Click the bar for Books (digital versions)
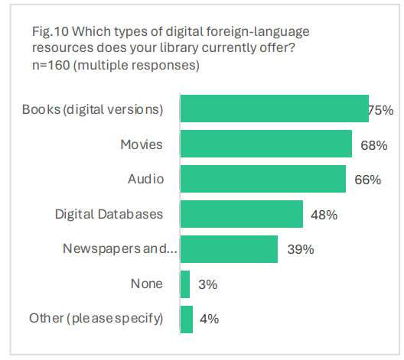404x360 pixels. [274, 109]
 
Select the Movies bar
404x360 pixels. [266, 144]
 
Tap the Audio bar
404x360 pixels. [262, 179]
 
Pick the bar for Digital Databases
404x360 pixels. [241, 214]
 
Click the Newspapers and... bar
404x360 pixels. [229, 249]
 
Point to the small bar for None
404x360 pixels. [184, 284]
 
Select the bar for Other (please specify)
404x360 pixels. [186, 319]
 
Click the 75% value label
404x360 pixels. [380, 110]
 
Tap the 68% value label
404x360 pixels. [369, 144]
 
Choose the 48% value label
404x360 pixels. [324, 215]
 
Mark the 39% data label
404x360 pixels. [298, 250]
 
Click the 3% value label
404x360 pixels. [207, 285]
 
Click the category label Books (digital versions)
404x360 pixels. [93, 109]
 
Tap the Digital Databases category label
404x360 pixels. [109, 214]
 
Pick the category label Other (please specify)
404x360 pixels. [96, 319]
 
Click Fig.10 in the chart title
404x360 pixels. [50, 32]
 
